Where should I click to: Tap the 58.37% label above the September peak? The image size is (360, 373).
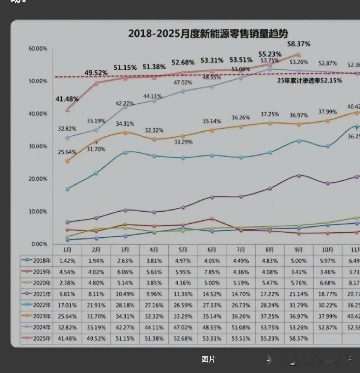tap(298, 44)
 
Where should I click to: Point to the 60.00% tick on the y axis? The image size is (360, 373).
tap(38, 48)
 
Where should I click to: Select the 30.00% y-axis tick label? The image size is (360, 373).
tap(38, 146)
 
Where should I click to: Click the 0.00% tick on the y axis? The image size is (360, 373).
tap(39, 244)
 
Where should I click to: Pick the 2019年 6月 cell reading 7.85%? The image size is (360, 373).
tap(212, 272)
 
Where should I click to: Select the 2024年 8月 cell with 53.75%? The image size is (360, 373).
tap(270, 327)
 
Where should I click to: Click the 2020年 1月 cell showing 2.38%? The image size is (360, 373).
tap(67, 283)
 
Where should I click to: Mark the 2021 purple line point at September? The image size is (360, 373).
tap(299, 176)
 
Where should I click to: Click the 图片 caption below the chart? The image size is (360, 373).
tap(208, 359)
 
